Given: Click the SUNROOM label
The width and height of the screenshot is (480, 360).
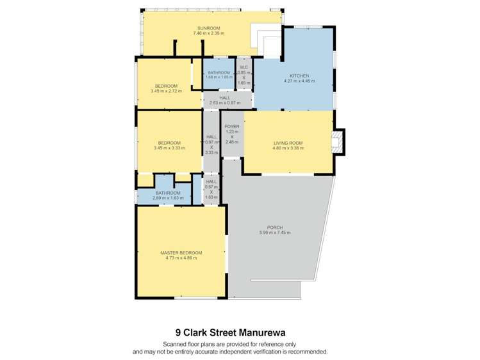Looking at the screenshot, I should [209, 28].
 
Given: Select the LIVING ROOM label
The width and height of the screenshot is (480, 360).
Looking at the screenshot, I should [288, 143].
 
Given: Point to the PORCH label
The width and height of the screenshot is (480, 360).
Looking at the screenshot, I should [275, 227].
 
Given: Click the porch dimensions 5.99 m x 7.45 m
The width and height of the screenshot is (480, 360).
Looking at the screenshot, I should [275, 233].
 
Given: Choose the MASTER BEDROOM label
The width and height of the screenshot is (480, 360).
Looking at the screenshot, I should [181, 253].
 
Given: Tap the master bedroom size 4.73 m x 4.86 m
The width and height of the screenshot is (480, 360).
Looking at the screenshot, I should [181, 258].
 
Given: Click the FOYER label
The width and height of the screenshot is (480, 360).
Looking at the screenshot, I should [231, 127].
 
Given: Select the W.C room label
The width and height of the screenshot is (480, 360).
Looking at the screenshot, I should [244, 67].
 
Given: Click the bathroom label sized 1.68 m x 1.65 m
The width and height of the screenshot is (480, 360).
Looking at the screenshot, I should [218, 72].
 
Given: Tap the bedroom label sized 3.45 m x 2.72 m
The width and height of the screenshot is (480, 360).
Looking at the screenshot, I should [166, 86].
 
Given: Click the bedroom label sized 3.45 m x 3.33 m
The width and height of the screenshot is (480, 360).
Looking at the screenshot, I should [169, 143].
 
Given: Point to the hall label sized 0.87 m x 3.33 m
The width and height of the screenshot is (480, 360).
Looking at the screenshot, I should [211, 137].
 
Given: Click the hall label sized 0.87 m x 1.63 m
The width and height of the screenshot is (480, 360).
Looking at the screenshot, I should [211, 182].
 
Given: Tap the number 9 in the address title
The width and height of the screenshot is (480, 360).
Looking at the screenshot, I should [178, 332].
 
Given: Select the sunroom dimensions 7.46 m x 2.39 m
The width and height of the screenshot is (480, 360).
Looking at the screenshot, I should [209, 33].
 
